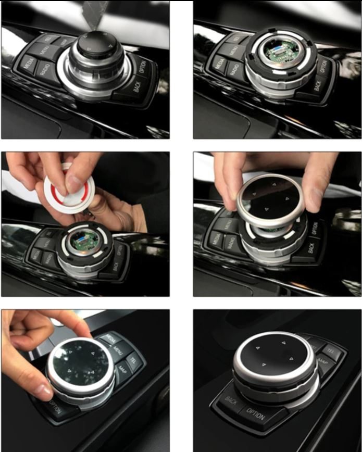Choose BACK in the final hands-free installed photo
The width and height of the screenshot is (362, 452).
tap(231, 400)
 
